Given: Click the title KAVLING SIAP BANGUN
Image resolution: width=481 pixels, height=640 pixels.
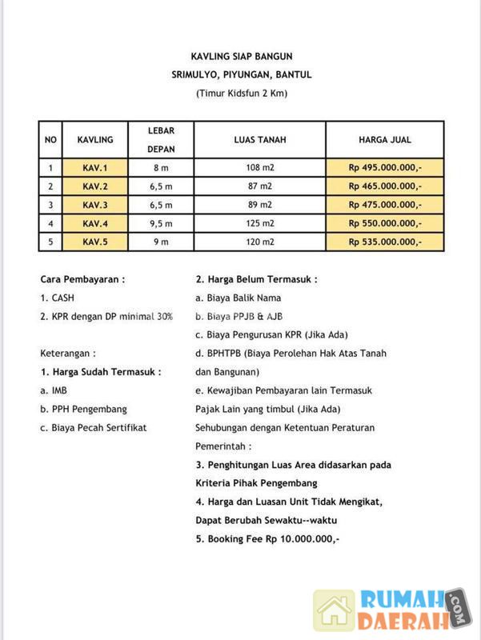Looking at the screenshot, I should [241, 56].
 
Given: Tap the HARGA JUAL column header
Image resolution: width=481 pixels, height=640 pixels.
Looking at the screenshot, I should [384, 139].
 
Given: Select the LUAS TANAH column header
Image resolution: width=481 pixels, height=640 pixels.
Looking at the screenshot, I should [259, 139].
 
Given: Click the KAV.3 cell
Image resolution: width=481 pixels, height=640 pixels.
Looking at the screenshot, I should [94, 205].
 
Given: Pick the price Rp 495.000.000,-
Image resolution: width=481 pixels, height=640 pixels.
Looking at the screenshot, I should [384, 168].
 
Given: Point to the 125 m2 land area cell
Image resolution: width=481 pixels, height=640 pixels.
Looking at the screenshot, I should [259, 223].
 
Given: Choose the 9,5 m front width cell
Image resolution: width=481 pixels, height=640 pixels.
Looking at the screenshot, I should [161, 223].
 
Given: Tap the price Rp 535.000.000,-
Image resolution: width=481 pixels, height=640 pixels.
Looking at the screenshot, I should [384, 242].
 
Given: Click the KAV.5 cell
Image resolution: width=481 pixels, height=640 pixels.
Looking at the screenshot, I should [94, 242].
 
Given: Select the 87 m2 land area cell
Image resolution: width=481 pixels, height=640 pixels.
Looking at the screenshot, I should [259, 186].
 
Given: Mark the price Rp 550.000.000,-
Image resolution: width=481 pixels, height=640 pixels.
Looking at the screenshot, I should [384, 223].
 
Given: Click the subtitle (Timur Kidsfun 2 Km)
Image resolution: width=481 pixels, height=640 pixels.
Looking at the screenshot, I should [241, 94].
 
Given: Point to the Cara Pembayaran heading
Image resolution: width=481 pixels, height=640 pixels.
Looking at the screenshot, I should [82, 279].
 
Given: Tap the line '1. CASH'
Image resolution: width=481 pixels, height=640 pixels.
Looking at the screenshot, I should [58, 298].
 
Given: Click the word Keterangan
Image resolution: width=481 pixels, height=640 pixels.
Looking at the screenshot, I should [68, 353].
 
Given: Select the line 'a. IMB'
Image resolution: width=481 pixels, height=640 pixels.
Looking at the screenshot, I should [54, 390].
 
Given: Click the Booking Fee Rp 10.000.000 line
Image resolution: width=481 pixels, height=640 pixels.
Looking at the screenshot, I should [267, 538].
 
